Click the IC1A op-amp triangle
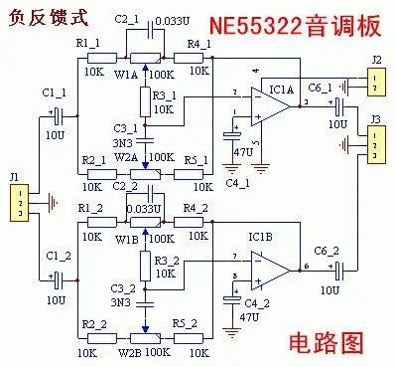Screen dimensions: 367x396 [x=270, y=106]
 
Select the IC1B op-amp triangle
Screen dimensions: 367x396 [x=270, y=268]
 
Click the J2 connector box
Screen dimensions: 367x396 [x=376, y=84]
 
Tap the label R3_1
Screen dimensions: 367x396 [x=165, y=92]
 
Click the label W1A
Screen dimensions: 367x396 [x=126, y=73]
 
